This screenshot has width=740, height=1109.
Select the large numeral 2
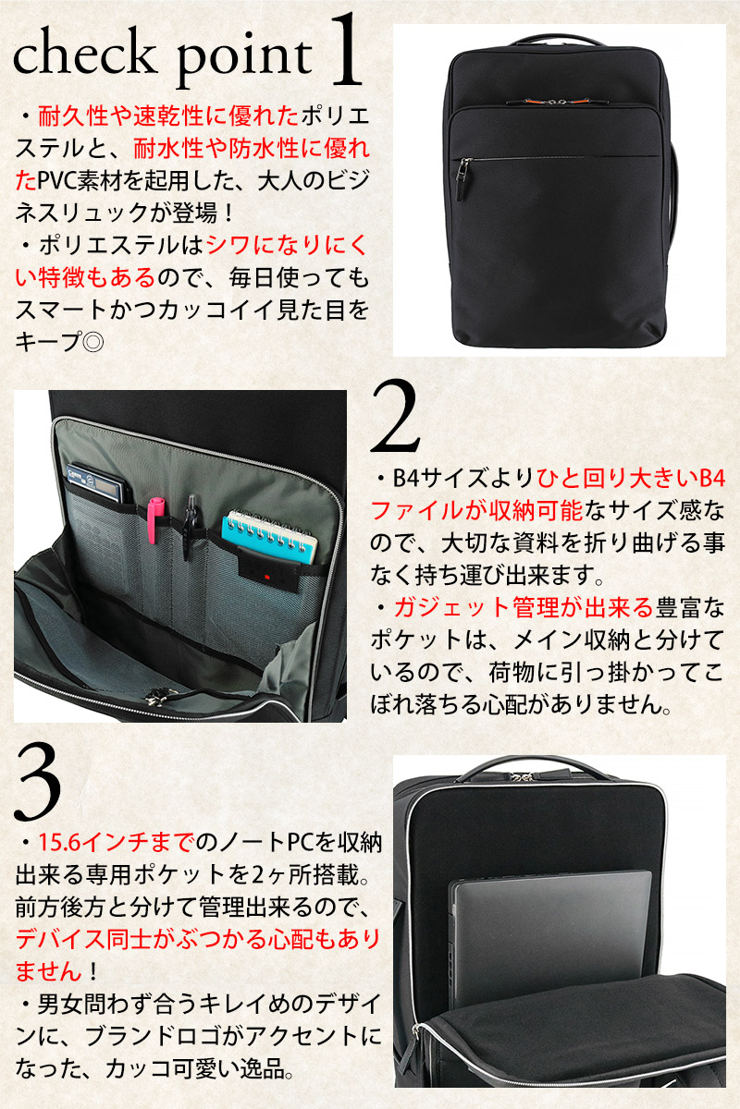coord(395,417)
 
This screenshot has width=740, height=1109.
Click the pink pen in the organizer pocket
coord(154,518)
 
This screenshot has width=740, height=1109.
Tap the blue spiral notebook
coord(270,536)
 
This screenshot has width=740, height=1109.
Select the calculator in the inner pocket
coord(99,482)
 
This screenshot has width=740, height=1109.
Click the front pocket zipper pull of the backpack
coord(464,180)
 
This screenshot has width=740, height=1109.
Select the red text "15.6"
coord(59,842)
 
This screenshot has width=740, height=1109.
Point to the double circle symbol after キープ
coord(92,342)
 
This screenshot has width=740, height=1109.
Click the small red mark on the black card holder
coord(266,578)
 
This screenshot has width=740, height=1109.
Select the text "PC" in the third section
coord(301,842)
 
